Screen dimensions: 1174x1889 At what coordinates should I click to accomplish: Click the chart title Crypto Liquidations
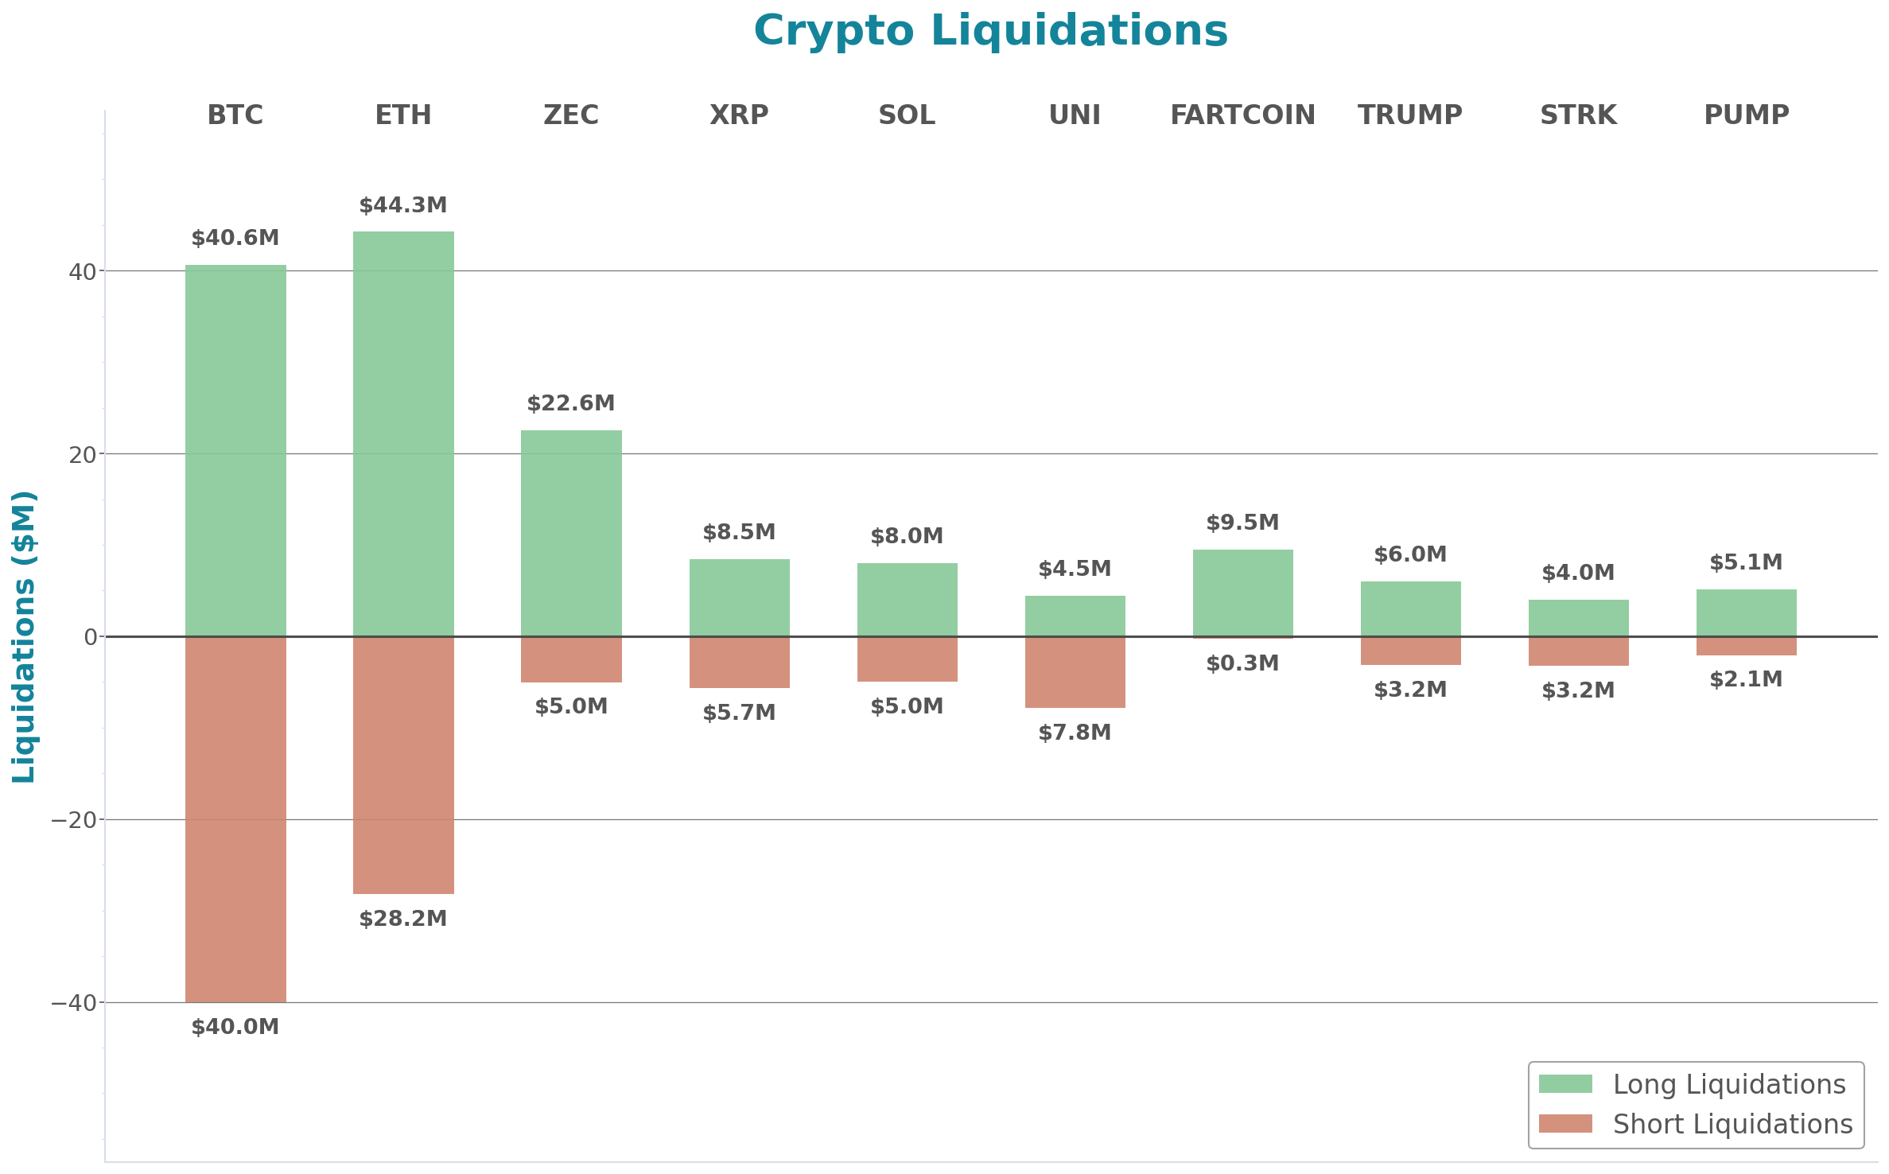pyautogui.click(x=990, y=32)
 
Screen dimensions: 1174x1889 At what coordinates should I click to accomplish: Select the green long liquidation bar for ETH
pyautogui.click(x=403, y=433)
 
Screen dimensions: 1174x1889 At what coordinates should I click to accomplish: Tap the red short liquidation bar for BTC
pyautogui.click(x=235, y=819)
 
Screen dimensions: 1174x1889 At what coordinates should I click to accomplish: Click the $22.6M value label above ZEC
pyautogui.click(x=571, y=403)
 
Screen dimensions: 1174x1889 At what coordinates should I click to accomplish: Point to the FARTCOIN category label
pyautogui.click(x=1242, y=115)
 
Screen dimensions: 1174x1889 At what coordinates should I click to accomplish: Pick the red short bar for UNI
pyautogui.click(x=1075, y=672)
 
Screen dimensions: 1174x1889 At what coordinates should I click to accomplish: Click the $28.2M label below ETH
pyautogui.click(x=403, y=919)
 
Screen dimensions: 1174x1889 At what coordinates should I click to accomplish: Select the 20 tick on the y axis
pyautogui.click(x=82, y=455)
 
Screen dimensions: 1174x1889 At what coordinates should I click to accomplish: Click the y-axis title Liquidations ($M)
pyautogui.click(x=24, y=636)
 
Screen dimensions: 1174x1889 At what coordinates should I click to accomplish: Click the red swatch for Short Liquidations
pyautogui.click(x=1564, y=1123)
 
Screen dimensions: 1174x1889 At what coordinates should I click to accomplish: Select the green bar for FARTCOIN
pyautogui.click(x=1242, y=593)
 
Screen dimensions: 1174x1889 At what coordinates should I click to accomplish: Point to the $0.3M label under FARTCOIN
pyautogui.click(x=1242, y=663)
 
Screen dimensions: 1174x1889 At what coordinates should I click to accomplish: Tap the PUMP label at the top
pyautogui.click(x=1746, y=115)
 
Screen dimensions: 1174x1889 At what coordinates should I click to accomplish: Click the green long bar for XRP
pyautogui.click(x=739, y=597)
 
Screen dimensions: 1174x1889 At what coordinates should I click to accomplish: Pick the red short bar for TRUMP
pyautogui.click(x=1410, y=651)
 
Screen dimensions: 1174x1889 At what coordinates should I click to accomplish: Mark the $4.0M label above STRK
pyautogui.click(x=1578, y=573)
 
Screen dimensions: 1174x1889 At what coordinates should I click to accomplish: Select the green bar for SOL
pyautogui.click(x=907, y=600)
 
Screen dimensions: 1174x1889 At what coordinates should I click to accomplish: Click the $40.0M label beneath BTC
pyautogui.click(x=235, y=1027)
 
